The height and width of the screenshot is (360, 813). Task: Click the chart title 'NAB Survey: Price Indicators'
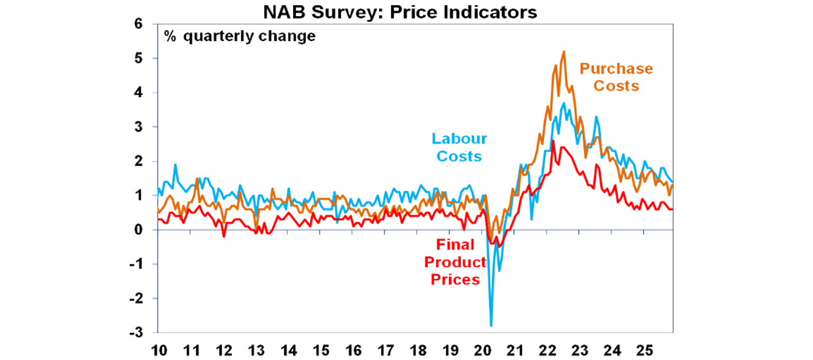point(400,12)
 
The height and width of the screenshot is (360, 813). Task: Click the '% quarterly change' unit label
point(239,37)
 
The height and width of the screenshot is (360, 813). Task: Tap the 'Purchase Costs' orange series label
point(616,77)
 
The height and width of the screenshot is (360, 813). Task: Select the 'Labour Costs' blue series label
point(459,147)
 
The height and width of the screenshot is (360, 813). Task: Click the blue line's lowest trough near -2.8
point(491,326)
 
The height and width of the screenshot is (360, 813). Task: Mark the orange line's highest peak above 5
point(564,51)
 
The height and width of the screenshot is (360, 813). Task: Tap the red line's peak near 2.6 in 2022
point(553,141)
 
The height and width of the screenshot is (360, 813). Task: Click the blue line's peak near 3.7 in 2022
point(564,103)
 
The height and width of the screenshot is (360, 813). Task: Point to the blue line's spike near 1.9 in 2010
point(175,165)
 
